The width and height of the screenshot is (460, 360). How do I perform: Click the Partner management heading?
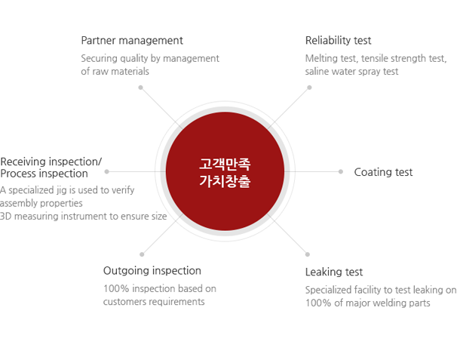(x=132, y=40)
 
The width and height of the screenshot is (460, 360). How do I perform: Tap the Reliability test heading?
(x=339, y=40)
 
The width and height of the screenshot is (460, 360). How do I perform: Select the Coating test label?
(x=383, y=172)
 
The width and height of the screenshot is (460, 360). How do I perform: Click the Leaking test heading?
(x=334, y=272)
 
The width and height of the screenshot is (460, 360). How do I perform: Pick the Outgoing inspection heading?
(x=152, y=271)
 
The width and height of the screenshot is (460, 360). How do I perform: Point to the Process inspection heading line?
(x=44, y=174)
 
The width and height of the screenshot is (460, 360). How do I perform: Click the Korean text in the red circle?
(x=225, y=172)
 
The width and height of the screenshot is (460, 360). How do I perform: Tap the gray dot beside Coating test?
(x=341, y=172)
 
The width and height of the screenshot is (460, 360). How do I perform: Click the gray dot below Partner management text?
(x=141, y=88)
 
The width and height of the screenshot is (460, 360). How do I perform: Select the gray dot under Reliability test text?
(x=309, y=88)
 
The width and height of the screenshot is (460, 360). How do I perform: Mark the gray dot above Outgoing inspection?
(x=142, y=254)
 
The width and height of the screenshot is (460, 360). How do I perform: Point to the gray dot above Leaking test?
(x=308, y=254)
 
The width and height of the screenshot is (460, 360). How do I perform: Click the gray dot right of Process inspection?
(x=107, y=172)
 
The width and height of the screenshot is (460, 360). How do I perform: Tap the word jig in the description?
(x=62, y=191)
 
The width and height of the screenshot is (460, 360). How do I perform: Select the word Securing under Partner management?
(x=99, y=58)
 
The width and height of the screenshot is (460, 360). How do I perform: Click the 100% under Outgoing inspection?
(x=116, y=288)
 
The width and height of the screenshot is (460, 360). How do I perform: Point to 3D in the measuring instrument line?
(x=5, y=217)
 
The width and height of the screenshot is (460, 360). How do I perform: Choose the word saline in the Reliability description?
(x=316, y=72)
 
